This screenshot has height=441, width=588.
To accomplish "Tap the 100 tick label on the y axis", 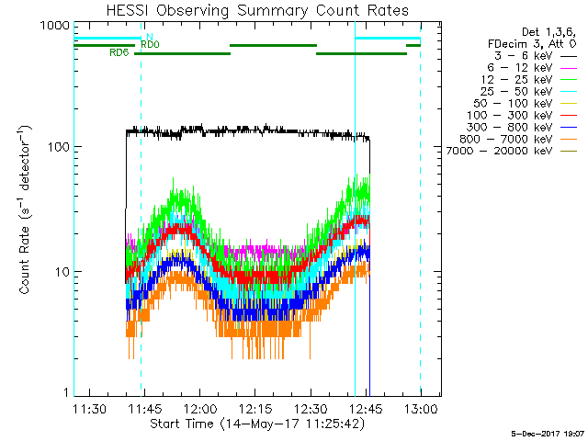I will (57, 147).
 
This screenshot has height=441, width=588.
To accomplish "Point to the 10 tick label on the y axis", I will (61, 272).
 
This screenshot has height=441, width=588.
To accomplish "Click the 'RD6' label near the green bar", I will (119, 53).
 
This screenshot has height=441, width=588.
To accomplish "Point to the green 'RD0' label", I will (150, 44).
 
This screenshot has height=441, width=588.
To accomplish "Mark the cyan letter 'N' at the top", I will (149, 37).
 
